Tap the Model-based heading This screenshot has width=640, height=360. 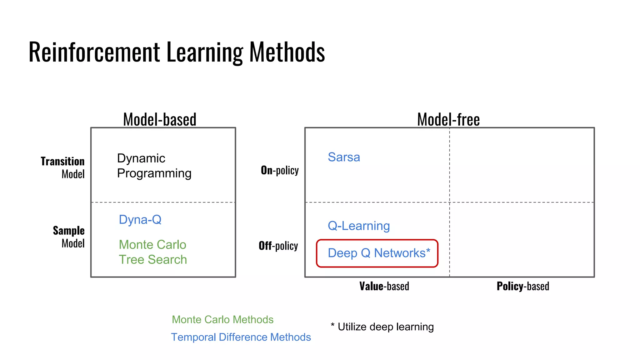(160, 119)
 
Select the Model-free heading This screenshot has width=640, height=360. (448, 119)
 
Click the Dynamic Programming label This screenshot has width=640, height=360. (154, 166)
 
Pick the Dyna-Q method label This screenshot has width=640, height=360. (140, 220)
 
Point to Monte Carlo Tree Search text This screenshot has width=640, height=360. (153, 252)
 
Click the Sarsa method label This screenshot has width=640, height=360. (344, 157)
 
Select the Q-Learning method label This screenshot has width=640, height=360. (359, 226)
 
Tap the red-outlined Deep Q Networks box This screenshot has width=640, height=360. (377, 253)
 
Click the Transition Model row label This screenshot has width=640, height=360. (63, 168)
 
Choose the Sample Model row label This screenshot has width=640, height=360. (69, 237)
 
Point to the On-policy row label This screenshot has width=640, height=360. (280, 170)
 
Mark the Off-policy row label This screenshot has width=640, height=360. (278, 246)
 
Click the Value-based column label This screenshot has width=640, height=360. (384, 286)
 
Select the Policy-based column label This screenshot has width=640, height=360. (523, 286)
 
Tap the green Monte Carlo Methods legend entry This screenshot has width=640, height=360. (222, 320)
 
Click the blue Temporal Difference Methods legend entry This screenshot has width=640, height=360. (241, 337)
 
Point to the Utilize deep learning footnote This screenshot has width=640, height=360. (382, 327)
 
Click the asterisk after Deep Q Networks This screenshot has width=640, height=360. (428, 251)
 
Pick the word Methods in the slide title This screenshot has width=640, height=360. (287, 52)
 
